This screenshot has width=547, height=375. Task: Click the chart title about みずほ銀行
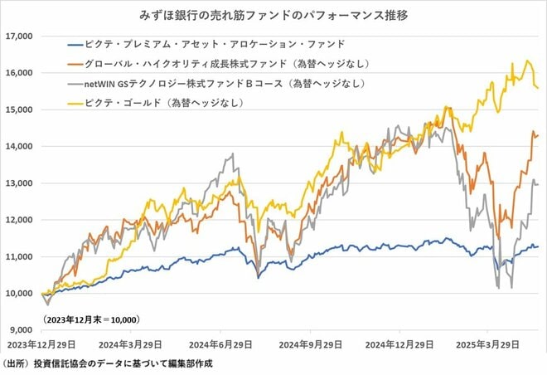coord(273,15)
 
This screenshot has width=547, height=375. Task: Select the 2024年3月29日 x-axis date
coord(133,343)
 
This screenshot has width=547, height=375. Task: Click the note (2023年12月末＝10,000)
coord(90,319)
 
